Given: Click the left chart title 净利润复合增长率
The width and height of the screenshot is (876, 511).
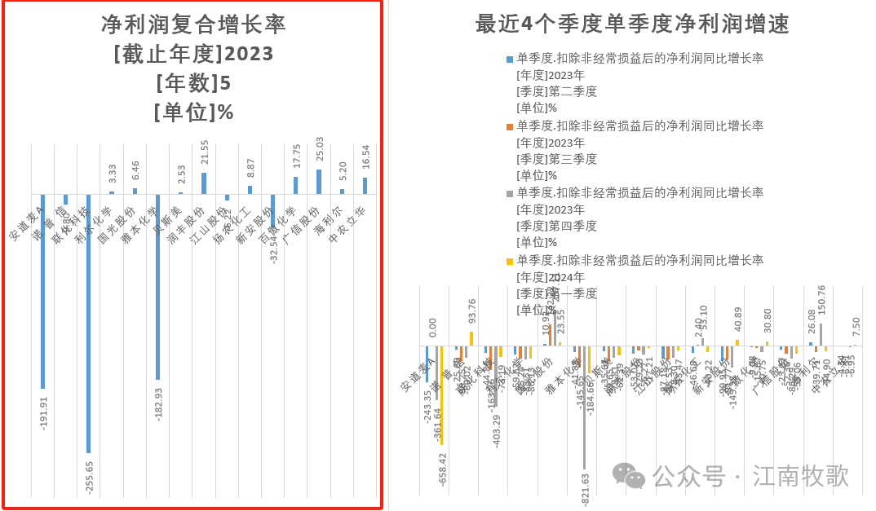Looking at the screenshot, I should coord(193,24).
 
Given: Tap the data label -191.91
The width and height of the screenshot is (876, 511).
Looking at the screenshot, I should coord(45,413).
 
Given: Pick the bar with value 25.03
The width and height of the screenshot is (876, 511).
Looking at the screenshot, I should coord(318,181).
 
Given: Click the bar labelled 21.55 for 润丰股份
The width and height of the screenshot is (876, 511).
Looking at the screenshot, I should coord(203,183).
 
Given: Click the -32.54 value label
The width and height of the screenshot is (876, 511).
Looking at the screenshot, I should coord(275,244).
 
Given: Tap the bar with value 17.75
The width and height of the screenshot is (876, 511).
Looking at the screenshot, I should coord(295,185).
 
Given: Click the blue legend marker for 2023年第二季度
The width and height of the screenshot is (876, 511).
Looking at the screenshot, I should coord(510,59).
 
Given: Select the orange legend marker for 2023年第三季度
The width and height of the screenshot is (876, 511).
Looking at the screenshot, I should coord(510,126).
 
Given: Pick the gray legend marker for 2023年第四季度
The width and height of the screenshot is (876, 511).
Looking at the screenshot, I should coord(510,193).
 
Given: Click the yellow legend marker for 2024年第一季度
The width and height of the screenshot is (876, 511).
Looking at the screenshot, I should coord(510,261).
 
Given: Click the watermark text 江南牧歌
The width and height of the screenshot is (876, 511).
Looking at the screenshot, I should coord(801,475).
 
